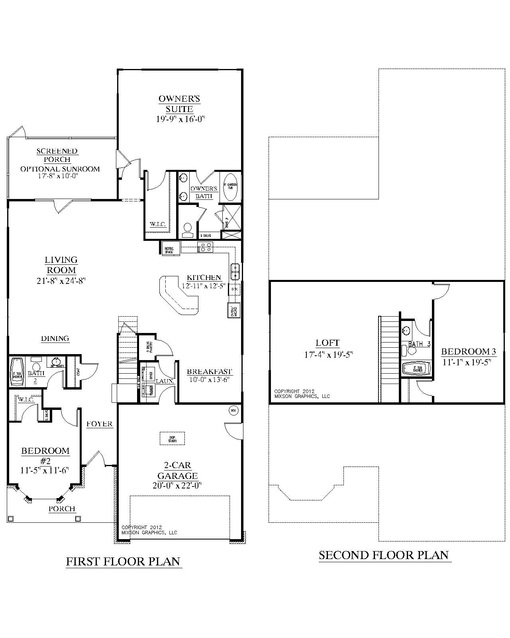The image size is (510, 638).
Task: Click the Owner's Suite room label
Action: [179, 104]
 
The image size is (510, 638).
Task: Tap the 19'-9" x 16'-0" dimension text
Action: [180, 119]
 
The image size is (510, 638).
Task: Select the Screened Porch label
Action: [57, 155]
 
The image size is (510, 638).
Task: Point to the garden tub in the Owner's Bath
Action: [230, 187]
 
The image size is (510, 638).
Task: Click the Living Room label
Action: [61, 265]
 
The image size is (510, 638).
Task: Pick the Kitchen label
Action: [204, 277]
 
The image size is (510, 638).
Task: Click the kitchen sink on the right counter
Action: [235, 271]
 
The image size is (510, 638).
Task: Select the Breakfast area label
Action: [210, 372]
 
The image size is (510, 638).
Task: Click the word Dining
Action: [55, 339]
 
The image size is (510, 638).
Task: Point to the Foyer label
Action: [100, 424]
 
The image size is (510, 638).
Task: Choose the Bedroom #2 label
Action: [45, 455]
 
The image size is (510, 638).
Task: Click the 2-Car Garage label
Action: [177, 471]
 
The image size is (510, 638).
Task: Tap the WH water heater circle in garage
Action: [233, 410]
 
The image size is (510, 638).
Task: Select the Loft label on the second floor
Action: [328, 343]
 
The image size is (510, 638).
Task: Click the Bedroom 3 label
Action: [468, 351]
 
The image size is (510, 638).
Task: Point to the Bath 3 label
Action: [419, 344]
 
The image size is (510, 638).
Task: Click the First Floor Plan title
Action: [123, 561]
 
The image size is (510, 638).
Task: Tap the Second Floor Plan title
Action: [384, 555]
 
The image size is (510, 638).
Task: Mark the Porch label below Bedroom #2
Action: [62, 509]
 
